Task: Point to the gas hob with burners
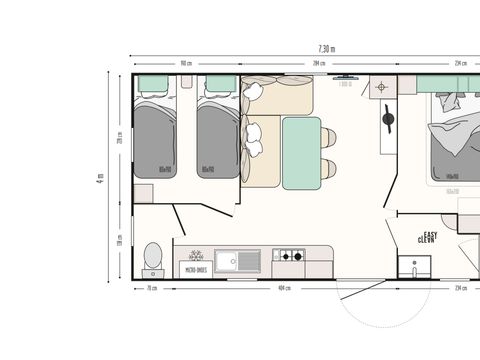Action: (292, 257)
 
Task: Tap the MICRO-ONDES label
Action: (195, 268)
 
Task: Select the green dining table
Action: (300, 151)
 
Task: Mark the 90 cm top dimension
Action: (186, 63)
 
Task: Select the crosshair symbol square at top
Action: (380, 87)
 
